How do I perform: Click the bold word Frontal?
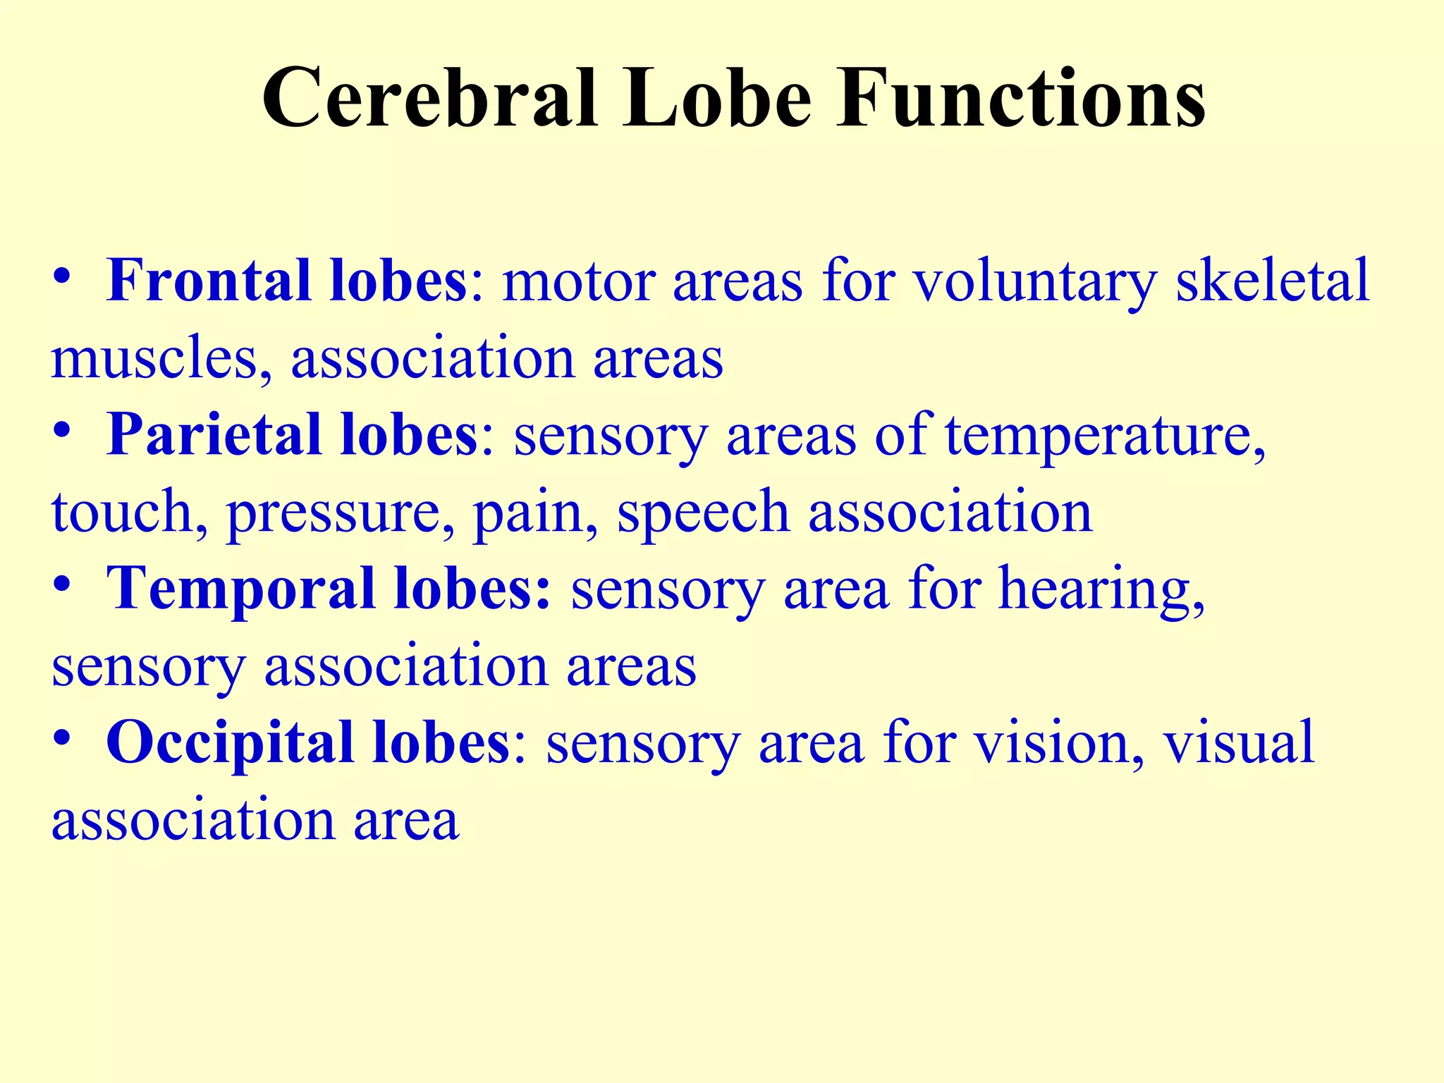tap(209, 281)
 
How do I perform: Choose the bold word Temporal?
tap(240, 589)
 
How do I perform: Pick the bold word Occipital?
tap(229, 742)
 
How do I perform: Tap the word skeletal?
tap(1273, 281)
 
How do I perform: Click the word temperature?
tap(1105, 436)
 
